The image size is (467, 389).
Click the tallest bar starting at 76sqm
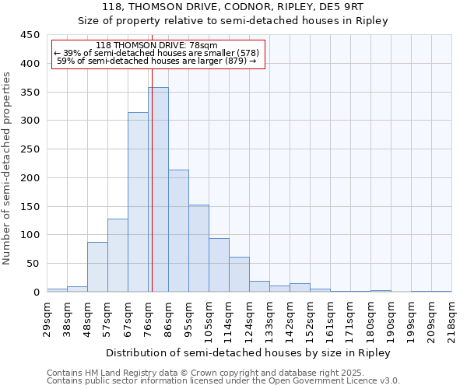[x=158, y=190]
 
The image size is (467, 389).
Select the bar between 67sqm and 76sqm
[x=138, y=202]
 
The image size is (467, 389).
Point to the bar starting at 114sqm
[x=239, y=275]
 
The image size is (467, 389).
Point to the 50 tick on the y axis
[x=33, y=264]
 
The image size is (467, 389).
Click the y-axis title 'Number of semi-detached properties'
[x=7, y=168]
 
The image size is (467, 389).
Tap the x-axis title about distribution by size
[x=248, y=352]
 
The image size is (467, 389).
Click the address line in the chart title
[x=233, y=7]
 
